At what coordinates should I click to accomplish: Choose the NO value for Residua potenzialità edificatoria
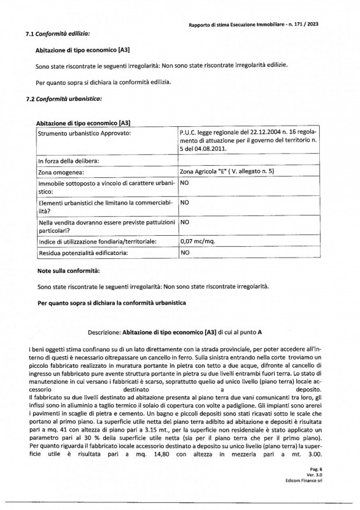tap(186, 252)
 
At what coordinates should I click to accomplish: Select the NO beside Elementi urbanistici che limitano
tap(186, 202)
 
